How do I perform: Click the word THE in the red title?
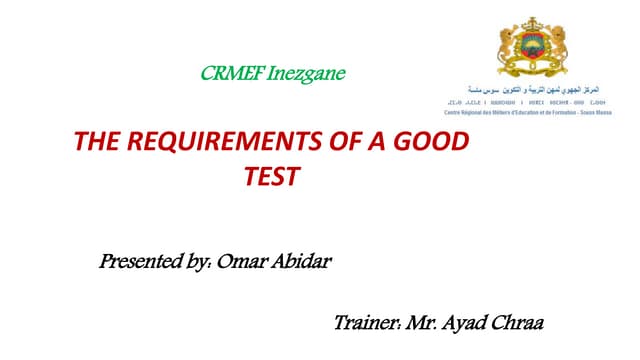[99, 143]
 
